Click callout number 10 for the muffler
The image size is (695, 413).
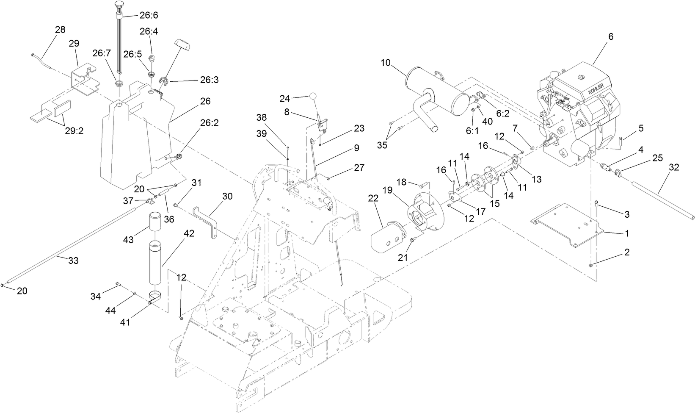click(x=385, y=63)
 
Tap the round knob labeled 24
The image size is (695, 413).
click(x=312, y=96)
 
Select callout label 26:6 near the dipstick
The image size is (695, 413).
click(x=149, y=15)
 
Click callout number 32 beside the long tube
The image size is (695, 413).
click(x=674, y=167)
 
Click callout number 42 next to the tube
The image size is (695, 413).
click(x=189, y=234)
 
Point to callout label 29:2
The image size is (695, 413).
click(x=74, y=131)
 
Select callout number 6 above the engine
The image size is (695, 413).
click(x=611, y=37)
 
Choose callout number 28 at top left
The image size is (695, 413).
click(x=60, y=30)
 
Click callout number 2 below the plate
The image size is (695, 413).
click(x=627, y=252)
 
